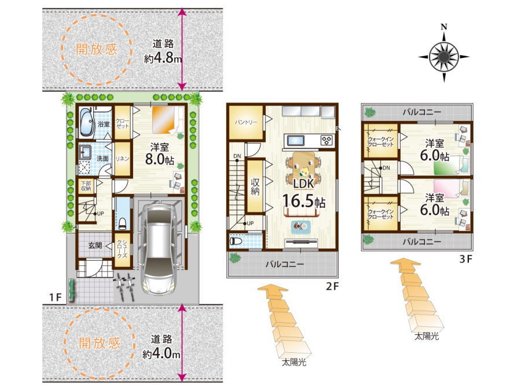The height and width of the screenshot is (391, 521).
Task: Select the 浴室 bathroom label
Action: click(104, 124)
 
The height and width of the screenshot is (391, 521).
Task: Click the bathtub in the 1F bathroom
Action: click(87, 122)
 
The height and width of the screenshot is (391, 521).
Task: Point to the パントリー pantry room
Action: click(246, 122)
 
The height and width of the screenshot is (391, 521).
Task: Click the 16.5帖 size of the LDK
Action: click(303, 201)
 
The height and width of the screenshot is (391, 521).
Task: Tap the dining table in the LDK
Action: click(303, 170)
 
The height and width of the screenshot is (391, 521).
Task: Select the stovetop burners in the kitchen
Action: click(327, 140)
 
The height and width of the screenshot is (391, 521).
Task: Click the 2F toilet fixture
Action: click(237, 241)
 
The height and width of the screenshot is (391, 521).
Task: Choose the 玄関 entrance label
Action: click(95, 246)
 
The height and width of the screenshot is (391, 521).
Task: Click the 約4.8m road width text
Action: click(163, 59)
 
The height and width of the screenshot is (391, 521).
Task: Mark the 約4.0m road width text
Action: click(161, 354)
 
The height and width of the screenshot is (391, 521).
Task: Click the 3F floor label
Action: click(465, 259)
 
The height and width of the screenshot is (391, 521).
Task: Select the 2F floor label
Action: click(332, 286)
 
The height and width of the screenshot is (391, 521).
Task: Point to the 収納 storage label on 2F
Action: click(255, 187)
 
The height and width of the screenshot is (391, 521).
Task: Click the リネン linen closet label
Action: click(122, 159)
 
